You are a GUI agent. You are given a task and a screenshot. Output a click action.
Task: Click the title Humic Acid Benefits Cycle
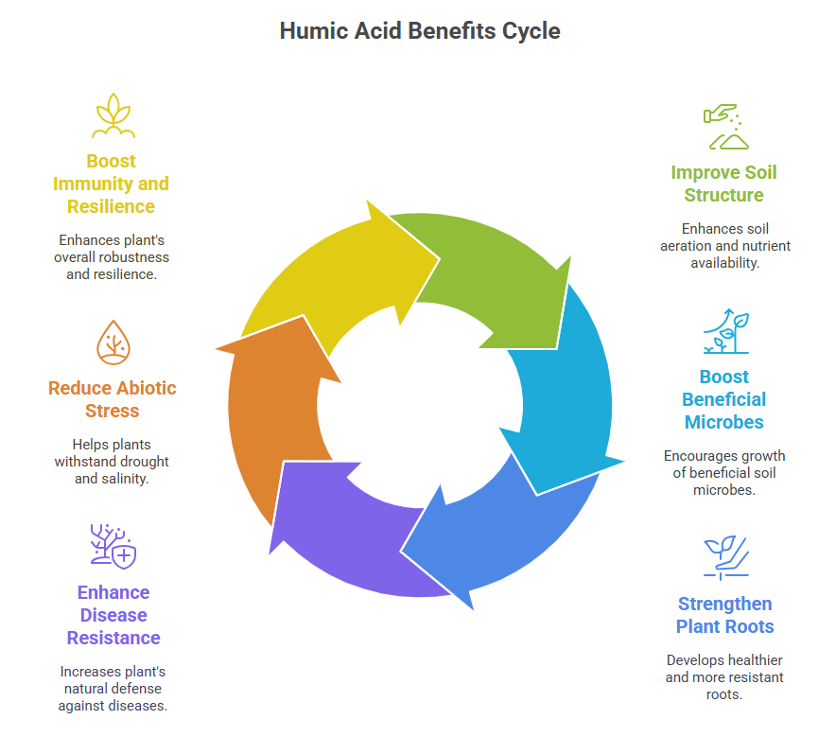click(419, 30)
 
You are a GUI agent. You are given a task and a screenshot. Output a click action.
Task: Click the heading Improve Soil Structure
click(723, 184)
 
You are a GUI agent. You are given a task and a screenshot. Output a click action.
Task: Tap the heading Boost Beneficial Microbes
click(723, 399)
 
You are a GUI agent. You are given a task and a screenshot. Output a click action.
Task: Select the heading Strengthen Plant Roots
click(724, 615)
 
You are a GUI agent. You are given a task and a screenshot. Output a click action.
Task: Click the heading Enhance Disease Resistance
click(113, 615)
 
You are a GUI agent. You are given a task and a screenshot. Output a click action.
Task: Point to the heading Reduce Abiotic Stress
click(113, 399)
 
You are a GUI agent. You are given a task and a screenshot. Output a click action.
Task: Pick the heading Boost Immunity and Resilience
click(112, 184)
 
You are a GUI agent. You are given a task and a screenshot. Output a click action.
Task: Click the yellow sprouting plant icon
click(113, 115)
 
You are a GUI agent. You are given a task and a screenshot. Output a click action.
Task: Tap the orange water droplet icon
click(113, 342)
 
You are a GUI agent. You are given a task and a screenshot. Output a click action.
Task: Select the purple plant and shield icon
click(113, 547)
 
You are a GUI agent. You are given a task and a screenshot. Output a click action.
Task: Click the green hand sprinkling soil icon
click(724, 127)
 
